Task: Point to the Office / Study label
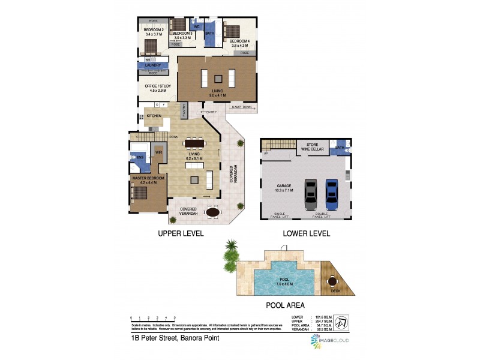pyautogui.click(x=157, y=86)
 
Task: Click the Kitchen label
pyautogui.click(x=154, y=116)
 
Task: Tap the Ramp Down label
pyautogui.click(x=242, y=107)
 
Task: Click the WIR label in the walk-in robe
pyautogui.click(x=159, y=153)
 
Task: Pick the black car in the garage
pyautogui.click(x=310, y=193)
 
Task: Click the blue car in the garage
pyautogui.click(x=332, y=193)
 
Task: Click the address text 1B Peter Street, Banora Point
pyautogui.click(x=175, y=338)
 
